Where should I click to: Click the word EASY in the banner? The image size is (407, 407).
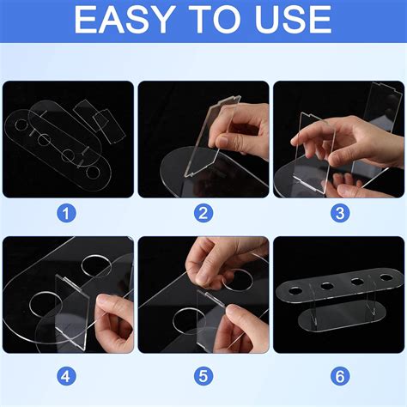tap(125, 20)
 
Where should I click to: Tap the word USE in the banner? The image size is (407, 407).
tap(294, 20)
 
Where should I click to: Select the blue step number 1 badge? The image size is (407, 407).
tap(66, 214)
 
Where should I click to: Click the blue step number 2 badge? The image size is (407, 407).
tap(203, 214)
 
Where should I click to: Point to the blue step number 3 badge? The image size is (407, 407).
tap(340, 214)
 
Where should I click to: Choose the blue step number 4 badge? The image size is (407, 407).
tap(66, 376)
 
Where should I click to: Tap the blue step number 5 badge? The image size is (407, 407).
tap(203, 376)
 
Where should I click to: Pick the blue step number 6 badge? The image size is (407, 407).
tap(340, 376)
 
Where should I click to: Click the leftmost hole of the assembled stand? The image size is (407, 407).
tap(295, 291)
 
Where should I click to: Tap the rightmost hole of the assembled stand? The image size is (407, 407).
tap(386, 277)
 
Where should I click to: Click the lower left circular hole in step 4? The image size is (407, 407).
tap(46, 305)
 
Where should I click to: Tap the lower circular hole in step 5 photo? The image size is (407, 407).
tap(190, 321)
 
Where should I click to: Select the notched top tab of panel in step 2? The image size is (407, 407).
tap(228, 100)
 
